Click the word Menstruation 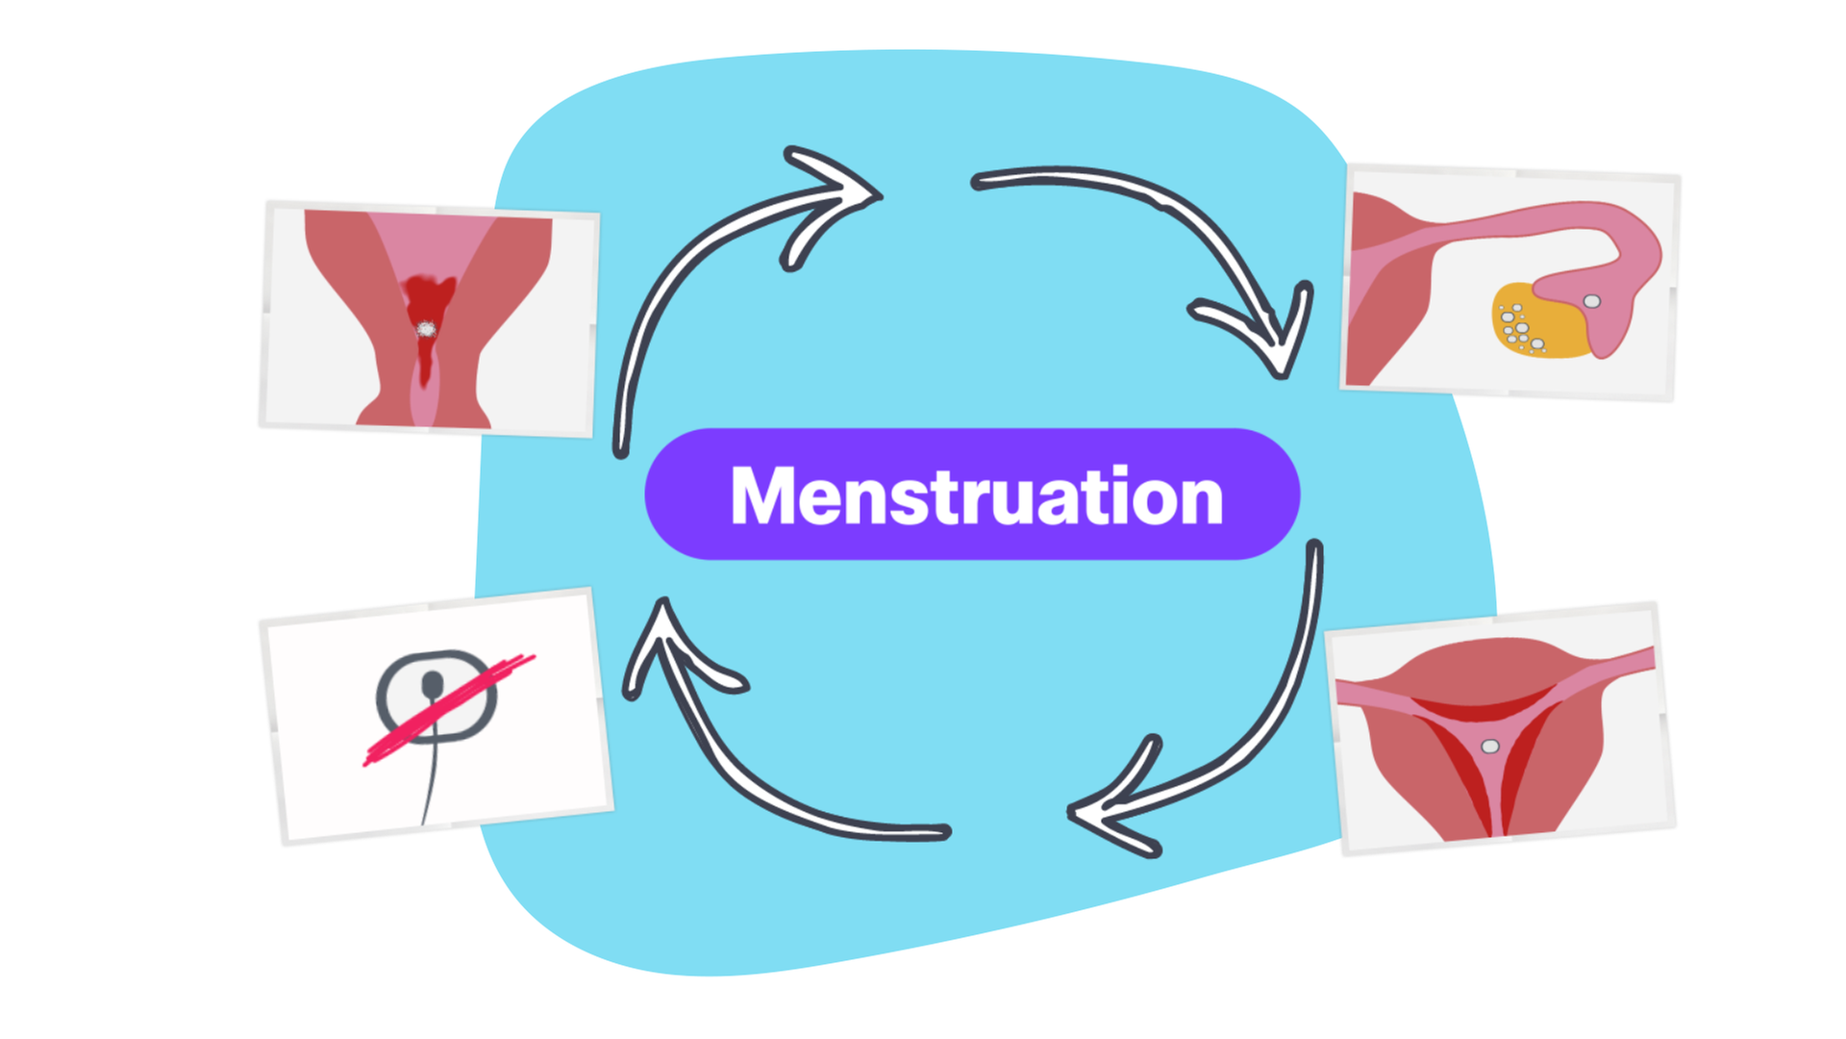click(976, 496)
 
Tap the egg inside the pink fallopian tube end click(1592, 301)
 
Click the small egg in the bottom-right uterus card click(1490, 746)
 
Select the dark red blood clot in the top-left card click(428, 298)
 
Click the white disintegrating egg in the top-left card click(426, 330)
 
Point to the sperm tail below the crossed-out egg click(432, 779)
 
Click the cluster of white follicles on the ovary click(1517, 327)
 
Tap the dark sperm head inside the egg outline click(433, 684)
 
